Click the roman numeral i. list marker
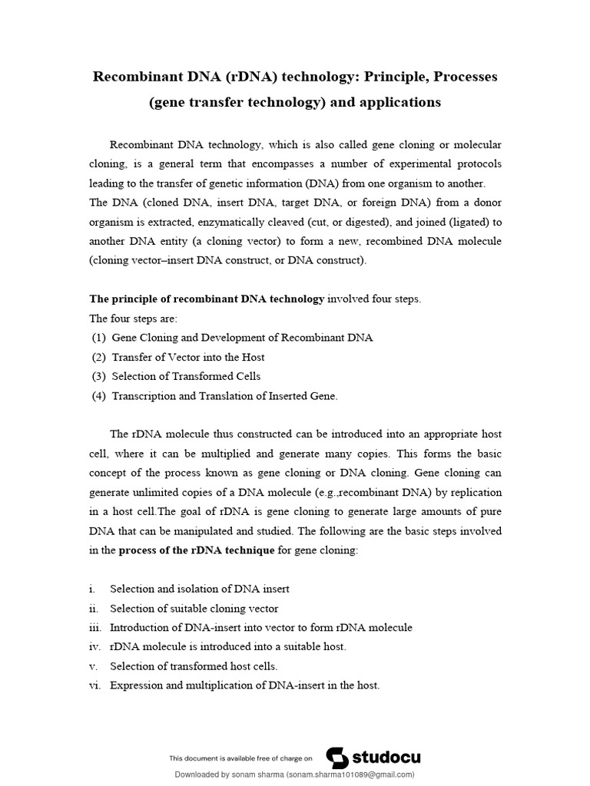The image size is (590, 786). tap(92, 589)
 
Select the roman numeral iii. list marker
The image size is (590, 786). tap(94, 627)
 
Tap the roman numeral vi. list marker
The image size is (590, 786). tap(94, 685)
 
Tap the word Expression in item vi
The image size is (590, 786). tap(136, 685)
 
